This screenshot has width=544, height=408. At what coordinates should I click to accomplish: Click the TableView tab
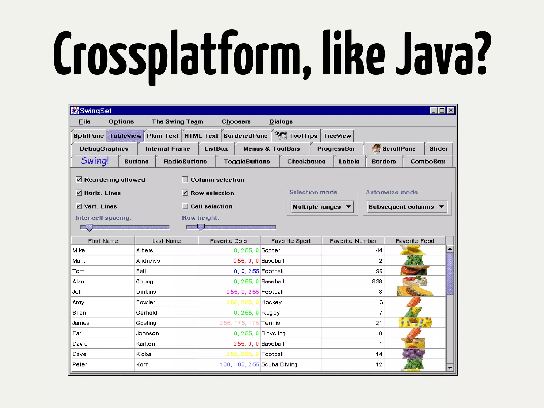[x=125, y=136]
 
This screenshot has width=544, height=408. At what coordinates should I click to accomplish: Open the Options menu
[x=121, y=121]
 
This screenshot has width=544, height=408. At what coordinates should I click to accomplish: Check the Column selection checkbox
[x=185, y=180]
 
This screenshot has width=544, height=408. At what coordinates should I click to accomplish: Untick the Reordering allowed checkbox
[x=79, y=180]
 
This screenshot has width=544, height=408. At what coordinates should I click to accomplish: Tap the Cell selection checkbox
[x=185, y=206]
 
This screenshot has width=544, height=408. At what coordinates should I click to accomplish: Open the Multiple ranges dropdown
[x=322, y=207]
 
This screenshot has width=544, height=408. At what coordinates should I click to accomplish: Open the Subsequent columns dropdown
[x=406, y=207]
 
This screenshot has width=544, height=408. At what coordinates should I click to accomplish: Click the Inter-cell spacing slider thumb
[x=90, y=227]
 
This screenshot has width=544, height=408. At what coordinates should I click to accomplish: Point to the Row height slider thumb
[x=201, y=227]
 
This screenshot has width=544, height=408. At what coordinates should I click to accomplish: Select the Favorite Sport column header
[x=291, y=241]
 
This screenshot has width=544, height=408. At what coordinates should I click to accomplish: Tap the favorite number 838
[x=377, y=282]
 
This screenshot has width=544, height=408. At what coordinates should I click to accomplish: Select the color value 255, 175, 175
[x=239, y=323]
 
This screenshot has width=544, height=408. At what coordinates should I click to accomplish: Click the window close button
[x=451, y=110]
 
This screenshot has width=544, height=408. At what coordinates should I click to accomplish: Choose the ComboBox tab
[x=428, y=161]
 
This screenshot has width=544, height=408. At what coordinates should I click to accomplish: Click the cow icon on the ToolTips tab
[x=281, y=135]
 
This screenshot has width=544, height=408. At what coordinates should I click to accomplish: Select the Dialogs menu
[x=281, y=121]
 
